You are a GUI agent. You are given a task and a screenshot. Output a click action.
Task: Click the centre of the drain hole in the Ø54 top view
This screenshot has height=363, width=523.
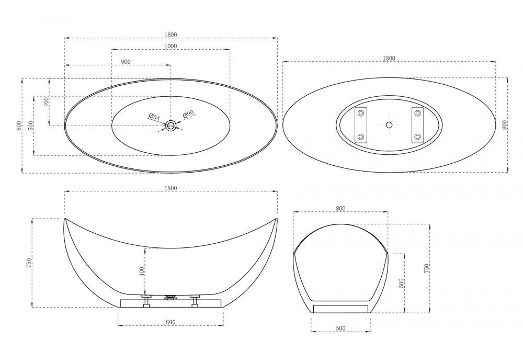point(171,126)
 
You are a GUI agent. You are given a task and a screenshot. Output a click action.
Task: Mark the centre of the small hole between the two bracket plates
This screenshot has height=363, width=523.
point(389,125)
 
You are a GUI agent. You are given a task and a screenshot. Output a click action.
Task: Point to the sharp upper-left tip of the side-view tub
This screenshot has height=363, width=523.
point(64,219)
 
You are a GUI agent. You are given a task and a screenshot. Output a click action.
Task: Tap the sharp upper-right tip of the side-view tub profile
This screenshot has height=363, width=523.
point(277,219)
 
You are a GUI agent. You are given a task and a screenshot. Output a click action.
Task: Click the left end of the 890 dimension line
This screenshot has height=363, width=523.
point(118,325)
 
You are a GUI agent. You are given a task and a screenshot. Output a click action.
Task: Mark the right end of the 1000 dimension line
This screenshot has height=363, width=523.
point(230,50)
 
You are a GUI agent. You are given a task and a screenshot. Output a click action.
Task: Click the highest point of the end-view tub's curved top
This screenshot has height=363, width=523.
point(340,224)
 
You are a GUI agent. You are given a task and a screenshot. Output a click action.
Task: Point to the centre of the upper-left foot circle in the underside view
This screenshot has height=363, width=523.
point(360,114)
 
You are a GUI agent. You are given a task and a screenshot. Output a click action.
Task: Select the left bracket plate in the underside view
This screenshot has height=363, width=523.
point(360,125)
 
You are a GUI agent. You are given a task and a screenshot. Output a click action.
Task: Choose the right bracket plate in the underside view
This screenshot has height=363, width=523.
point(417,125)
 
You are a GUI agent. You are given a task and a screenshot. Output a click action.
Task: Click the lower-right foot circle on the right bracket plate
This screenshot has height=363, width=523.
point(417,137)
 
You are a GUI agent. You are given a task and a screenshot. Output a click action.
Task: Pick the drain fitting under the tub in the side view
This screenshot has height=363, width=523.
point(171,297)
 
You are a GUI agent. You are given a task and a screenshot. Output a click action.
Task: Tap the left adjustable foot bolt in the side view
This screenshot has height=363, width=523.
point(146,300)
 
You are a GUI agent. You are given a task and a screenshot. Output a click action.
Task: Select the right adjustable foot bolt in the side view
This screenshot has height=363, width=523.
point(195,300)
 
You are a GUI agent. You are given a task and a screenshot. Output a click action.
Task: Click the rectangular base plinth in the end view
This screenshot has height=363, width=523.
point(340,309)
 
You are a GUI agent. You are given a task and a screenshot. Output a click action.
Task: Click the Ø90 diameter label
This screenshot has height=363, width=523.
point(188,115)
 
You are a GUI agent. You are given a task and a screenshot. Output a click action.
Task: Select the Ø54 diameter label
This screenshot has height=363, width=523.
point(154,117)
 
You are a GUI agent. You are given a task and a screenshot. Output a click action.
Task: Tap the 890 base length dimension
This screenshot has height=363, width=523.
point(170,322)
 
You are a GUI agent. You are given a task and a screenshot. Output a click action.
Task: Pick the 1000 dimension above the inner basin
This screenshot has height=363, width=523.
point(171,46)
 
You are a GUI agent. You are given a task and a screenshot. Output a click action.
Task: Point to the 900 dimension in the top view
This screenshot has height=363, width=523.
point(126,62)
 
